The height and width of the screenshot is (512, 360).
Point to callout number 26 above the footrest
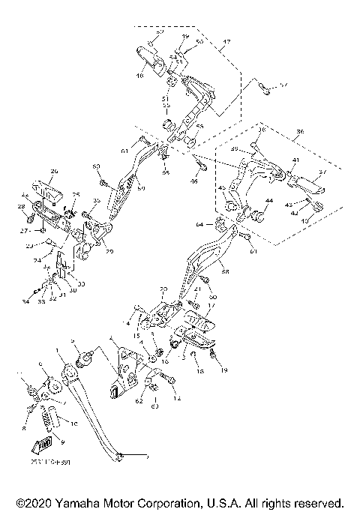click(x=53, y=171)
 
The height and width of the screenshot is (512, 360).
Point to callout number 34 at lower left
click(x=25, y=302)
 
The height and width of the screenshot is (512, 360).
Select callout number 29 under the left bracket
click(x=110, y=252)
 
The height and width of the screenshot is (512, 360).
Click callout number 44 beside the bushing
click(x=269, y=202)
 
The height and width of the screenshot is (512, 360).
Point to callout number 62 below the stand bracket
click(x=139, y=402)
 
